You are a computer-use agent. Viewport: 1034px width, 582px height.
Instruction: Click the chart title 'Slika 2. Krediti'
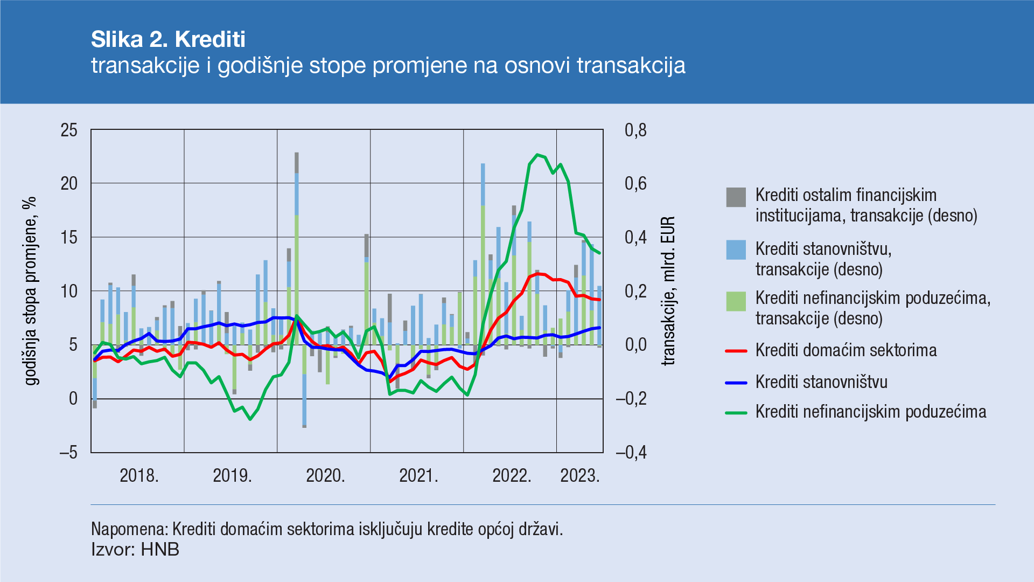168,39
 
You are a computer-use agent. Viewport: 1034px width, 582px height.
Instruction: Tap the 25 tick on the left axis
69,130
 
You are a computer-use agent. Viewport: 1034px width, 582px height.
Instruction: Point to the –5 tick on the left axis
68,452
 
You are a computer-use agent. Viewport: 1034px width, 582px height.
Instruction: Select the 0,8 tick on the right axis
635,130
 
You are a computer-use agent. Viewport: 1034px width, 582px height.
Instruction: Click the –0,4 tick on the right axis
631,452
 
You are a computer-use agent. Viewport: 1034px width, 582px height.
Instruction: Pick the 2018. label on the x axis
139,475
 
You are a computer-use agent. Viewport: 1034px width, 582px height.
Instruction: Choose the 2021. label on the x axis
418,475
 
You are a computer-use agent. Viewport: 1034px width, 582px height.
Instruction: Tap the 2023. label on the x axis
579,475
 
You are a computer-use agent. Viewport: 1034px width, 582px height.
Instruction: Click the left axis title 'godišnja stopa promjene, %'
31,291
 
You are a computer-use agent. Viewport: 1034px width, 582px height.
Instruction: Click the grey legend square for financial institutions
736,197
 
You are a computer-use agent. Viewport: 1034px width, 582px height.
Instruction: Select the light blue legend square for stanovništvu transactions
736,250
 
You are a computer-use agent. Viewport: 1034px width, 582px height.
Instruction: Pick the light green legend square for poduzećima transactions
736,301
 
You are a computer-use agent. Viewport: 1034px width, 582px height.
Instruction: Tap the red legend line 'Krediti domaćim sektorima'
736,351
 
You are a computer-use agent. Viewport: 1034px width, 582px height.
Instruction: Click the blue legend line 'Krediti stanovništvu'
736,383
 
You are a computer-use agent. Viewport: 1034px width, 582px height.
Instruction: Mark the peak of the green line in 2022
537,155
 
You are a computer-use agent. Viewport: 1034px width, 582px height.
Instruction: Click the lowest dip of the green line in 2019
250,419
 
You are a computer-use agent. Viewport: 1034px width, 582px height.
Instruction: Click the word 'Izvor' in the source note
111,550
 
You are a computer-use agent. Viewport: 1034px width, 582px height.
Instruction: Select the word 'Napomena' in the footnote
129,529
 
